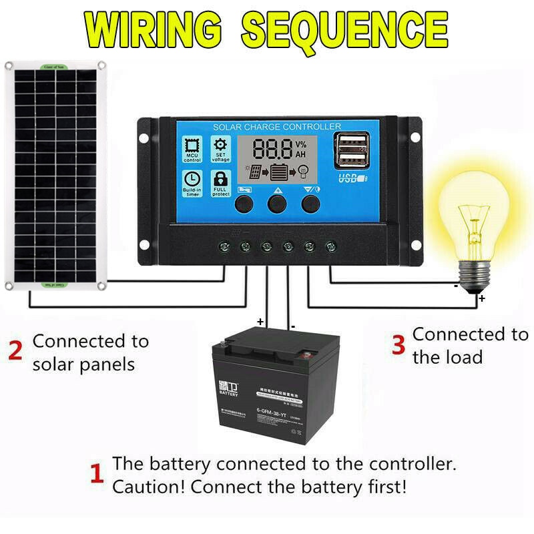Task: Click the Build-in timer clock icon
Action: pyautogui.click(x=192, y=182)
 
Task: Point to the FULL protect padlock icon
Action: pyautogui.click(x=220, y=182)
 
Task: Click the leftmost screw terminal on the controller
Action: pyautogui.click(x=224, y=247)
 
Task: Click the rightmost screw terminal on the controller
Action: pyautogui.click(x=330, y=247)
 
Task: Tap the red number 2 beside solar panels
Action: pyautogui.click(x=15, y=351)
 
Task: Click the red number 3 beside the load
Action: pyautogui.click(x=398, y=345)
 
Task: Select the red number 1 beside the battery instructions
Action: pyautogui.click(x=97, y=475)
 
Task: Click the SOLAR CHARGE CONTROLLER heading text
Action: pyautogui.click(x=276, y=127)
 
